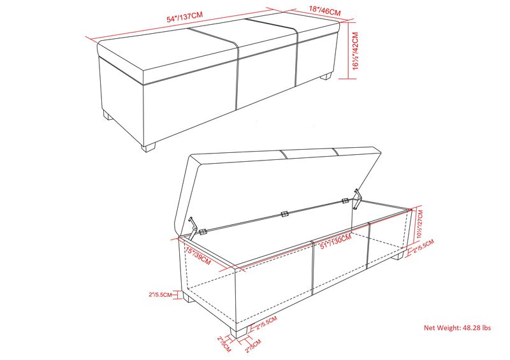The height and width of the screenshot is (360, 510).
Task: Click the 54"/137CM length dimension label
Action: pos(184,17)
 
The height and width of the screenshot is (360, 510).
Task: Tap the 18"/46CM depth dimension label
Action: pos(324,10)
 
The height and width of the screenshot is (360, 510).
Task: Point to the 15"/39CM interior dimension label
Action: pos(198,256)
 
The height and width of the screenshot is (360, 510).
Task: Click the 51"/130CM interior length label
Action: pos(336,241)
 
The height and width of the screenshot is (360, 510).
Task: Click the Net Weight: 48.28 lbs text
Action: pos(457,328)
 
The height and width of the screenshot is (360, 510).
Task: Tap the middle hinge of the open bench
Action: pos(284,214)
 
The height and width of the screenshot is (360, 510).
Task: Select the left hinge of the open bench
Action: pos(203,232)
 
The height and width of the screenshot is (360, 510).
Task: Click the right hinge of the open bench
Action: pos(345,201)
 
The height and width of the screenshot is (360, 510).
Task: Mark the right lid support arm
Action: pos(358,198)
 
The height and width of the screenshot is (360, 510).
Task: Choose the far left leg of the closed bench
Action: pos(107,115)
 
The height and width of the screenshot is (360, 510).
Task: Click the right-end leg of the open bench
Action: pos(398,256)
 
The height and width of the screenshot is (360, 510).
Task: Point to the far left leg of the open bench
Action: pos(189,296)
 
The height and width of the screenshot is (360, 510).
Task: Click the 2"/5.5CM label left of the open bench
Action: pos(160,294)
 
